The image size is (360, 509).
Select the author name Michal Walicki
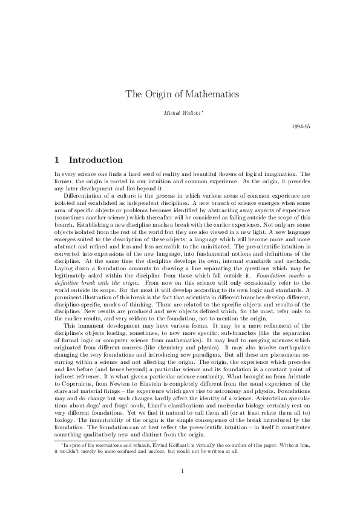click(x=179, y=113)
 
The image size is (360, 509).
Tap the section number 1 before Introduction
click(x=56, y=160)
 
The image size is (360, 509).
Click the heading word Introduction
click(x=96, y=160)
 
